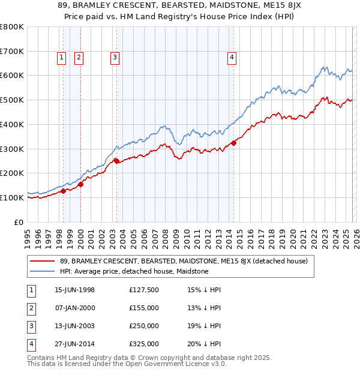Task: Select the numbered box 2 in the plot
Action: click(x=79, y=58)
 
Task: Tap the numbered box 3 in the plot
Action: click(x=115, y=58)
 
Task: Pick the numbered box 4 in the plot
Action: click(x=232, y=58)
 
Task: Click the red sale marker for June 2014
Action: click(x=233, y=143)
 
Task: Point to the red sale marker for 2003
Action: click(x=116, y=161)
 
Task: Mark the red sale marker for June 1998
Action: click(x=64, y=191)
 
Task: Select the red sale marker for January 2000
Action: click(x=80, y=184)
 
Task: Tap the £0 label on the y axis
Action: click(x=18, y=222)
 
